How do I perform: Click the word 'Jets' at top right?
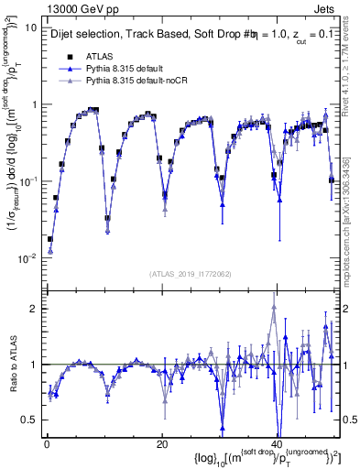coord(329,8)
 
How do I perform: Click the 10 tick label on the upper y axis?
coord(29,27)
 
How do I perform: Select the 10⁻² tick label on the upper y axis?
coord(27,258)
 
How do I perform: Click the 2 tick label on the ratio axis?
coord(33,309)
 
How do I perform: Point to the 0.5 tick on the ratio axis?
coord(28,420)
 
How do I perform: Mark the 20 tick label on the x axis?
coord(161,444)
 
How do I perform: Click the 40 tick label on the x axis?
coord(276,444)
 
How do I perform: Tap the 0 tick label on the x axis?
coord(46,444)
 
